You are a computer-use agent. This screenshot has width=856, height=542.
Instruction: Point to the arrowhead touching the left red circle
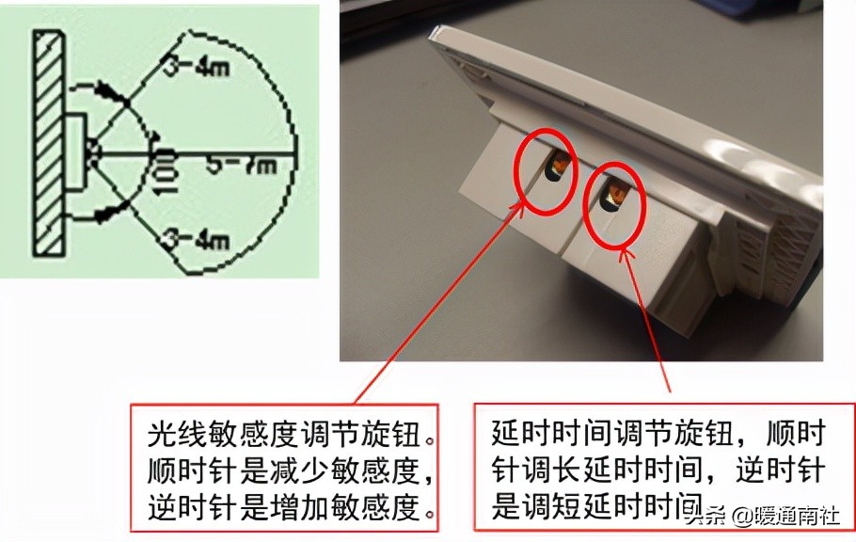[x=525, y=205]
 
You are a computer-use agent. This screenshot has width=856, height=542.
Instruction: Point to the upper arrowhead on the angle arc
[x=115, y=94]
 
